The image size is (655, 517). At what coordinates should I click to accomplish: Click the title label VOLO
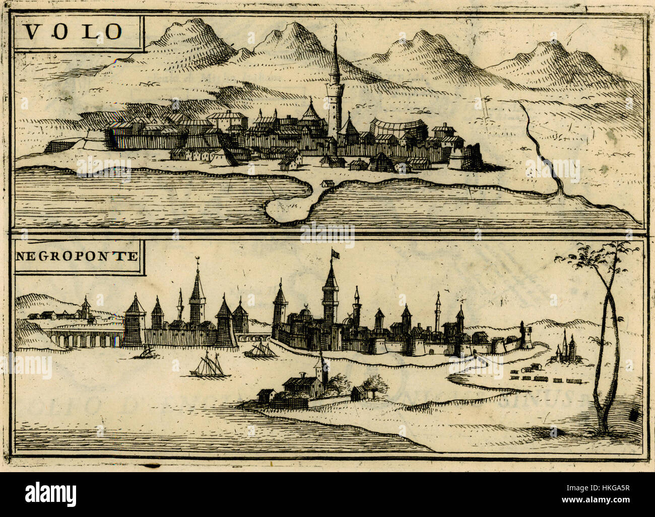(74, 32)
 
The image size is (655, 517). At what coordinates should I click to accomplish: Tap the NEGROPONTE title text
(77, 256)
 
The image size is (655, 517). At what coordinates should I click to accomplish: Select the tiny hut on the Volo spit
(328, 183)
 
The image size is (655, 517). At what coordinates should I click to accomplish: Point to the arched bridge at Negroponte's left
(83, 338)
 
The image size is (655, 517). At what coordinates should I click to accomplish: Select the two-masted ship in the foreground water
(209, 365)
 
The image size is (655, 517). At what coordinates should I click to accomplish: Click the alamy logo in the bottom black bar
(51, 492)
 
